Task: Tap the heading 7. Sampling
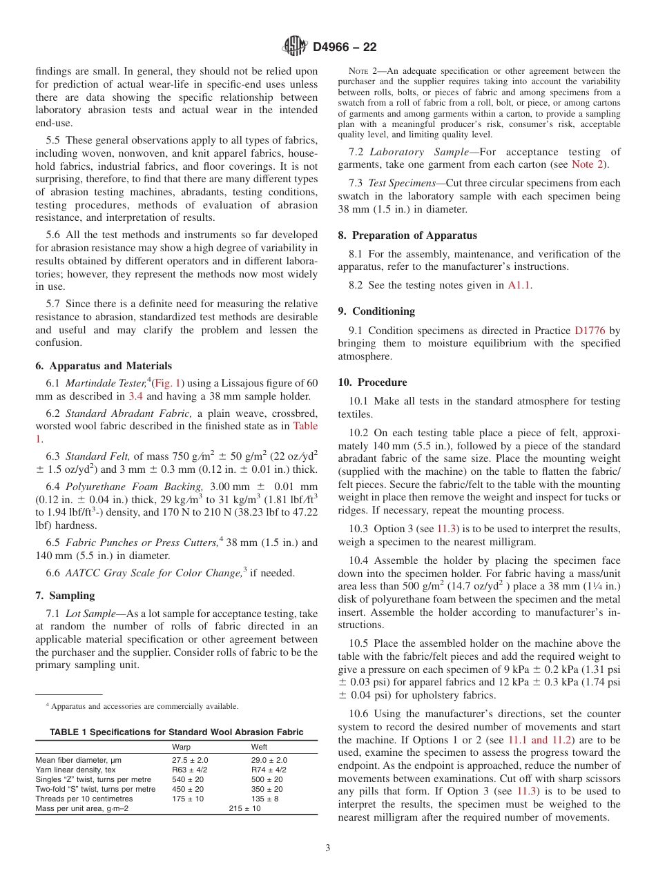(65, 595)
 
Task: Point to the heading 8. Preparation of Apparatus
(407, 235)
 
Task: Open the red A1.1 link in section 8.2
(520, 285)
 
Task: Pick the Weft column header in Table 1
(259, 747)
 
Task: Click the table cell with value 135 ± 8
(266, 799)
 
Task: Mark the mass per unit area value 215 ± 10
(244, 808)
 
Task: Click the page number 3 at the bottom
(327, 848)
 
